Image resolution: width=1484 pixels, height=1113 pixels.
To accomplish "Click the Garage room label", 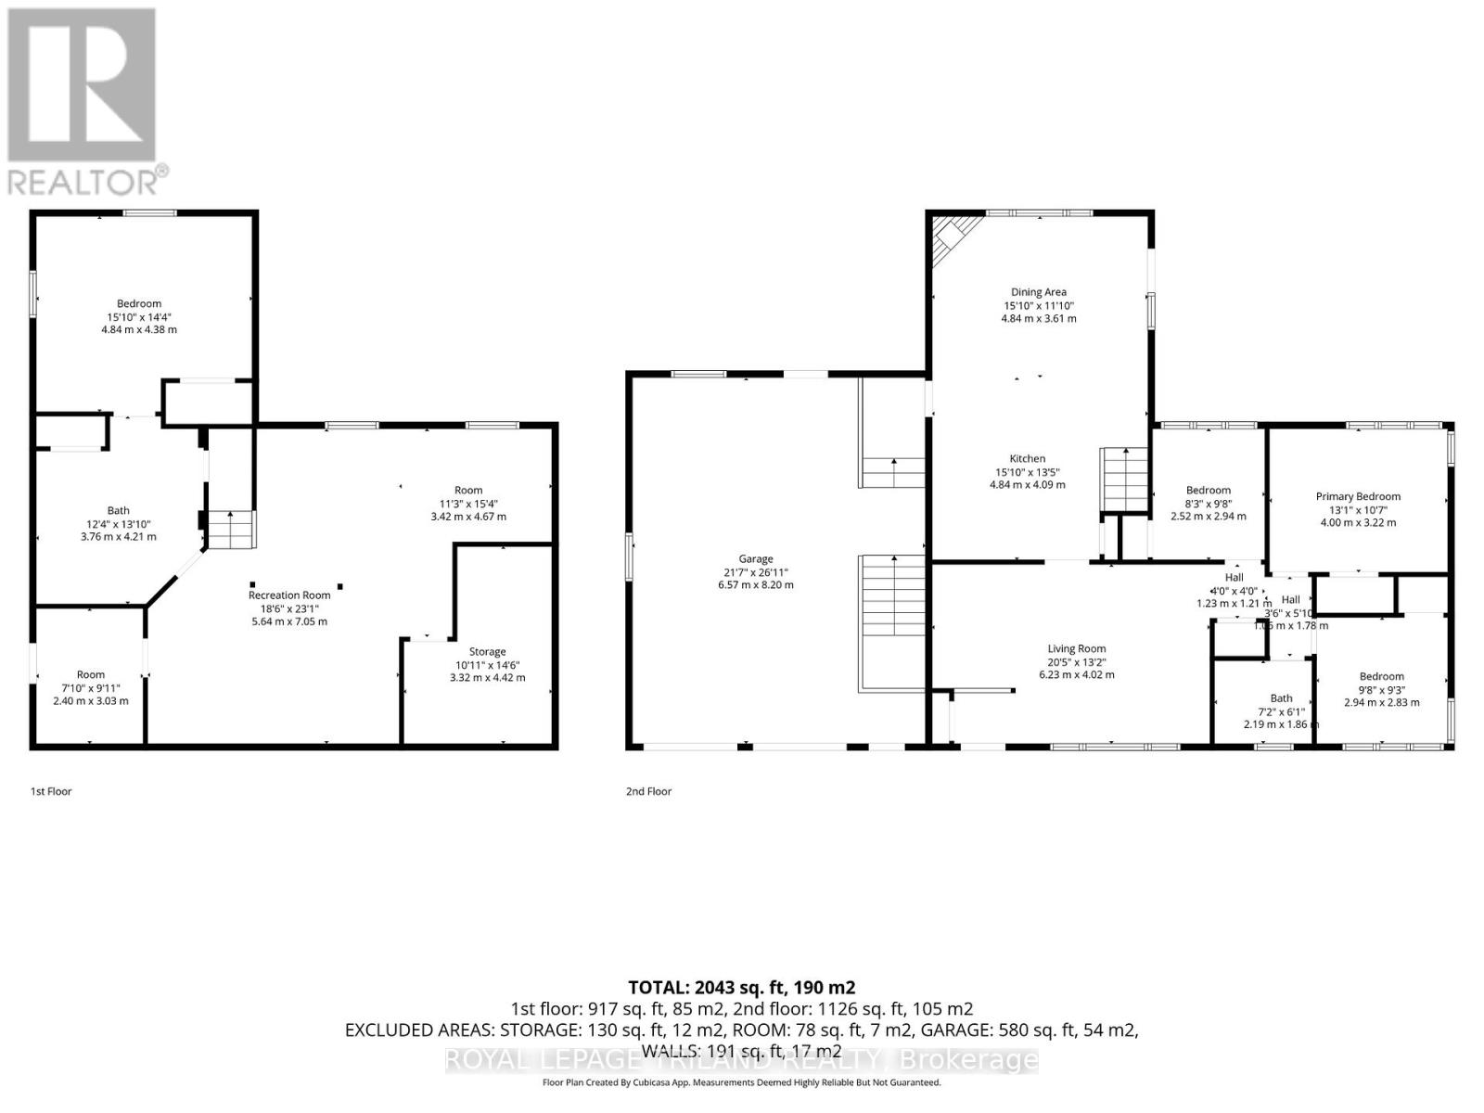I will (755, 558).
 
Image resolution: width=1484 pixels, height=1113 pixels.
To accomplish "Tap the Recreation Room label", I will (289, 595).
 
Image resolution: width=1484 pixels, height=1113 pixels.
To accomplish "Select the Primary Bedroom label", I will (1358, 496).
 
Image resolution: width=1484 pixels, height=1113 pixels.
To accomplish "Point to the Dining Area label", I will (1038, 292).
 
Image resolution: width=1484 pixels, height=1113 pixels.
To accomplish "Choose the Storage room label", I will (487, 652).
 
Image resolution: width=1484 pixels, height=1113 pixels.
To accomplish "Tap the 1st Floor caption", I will (51, 791).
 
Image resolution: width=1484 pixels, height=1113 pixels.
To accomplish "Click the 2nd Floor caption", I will (648, 791).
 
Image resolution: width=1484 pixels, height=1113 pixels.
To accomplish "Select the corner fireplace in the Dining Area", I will (950, 237).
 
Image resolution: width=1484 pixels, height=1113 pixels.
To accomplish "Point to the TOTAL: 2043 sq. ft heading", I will (741, 988).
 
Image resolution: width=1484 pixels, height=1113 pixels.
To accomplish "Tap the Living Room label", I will (1077, 649).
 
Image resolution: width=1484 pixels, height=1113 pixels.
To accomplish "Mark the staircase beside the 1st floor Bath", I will (229, 530).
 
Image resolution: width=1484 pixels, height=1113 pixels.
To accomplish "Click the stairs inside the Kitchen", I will (1124, 479).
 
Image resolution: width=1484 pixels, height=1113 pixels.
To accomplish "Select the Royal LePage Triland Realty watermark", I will (741, 1059).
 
